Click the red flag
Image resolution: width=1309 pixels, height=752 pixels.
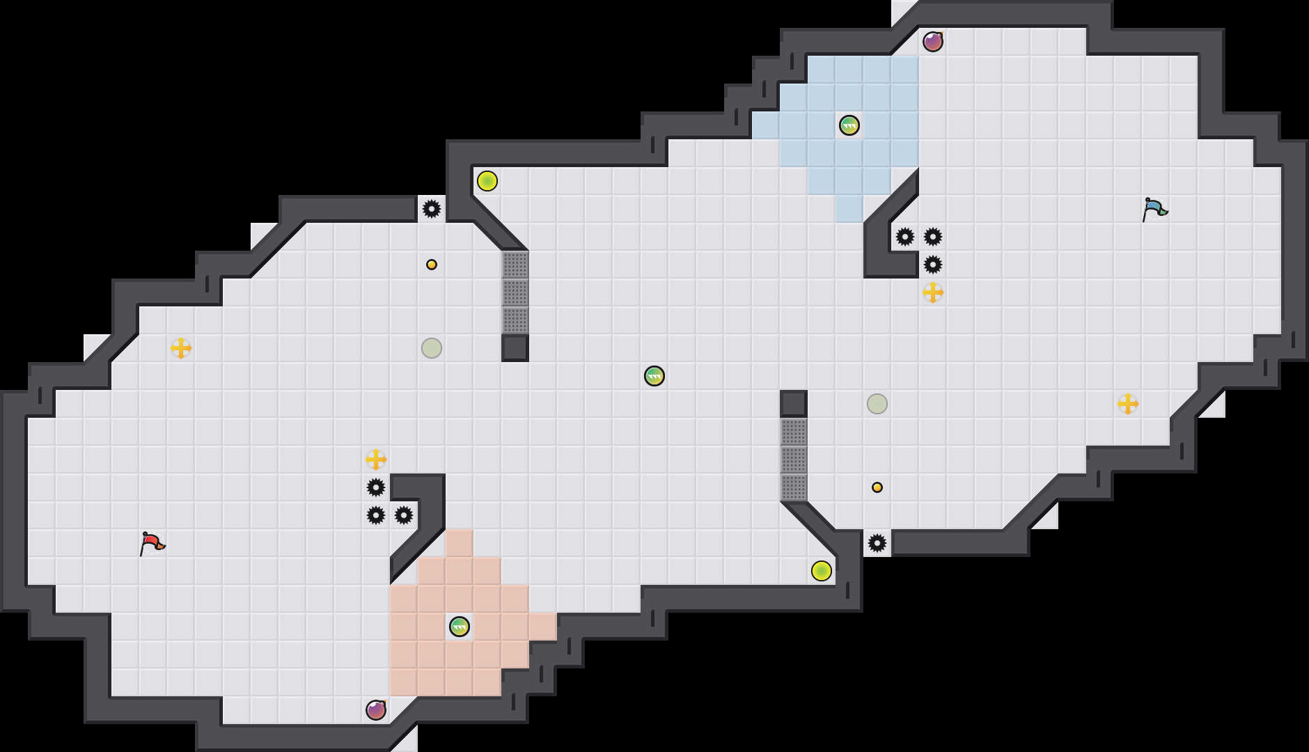(x=152, y=543)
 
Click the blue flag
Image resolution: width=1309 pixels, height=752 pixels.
(x=1154, y=209)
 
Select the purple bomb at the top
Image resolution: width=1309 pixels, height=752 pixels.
(x=933, y=42)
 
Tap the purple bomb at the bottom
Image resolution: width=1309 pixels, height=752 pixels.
(x=376, y=710)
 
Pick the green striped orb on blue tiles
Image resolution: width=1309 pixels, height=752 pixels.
(x=849, y=125)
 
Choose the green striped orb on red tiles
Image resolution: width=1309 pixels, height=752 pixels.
(x=460, y=627)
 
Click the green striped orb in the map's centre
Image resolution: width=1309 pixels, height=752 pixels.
(x=654, y=376)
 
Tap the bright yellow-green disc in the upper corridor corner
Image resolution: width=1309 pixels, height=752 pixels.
(x=487, y=181)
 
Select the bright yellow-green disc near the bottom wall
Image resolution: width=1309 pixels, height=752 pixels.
(x=822, y=571)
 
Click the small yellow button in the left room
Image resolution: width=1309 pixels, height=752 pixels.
(x=432, y=265)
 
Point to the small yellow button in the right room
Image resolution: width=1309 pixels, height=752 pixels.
(x=877, y=487)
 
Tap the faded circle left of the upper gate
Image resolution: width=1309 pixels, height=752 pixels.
(x=432, y=348)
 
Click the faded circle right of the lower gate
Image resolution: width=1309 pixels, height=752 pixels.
(x=877, y=404)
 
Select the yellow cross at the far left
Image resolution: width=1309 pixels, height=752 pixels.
(x=181, y=348)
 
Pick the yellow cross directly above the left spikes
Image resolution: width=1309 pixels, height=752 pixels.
(x=376, y=460)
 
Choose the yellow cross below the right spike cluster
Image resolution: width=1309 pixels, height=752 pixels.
(x=933, y=292)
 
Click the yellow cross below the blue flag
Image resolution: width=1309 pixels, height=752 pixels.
(x=1128, y=404)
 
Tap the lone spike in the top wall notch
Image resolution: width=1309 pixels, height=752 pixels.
(x=432, y=209)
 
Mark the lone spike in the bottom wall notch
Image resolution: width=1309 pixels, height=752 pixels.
(x=877, y=543)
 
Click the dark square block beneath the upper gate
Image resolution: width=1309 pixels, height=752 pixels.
(x=515, y=348)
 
